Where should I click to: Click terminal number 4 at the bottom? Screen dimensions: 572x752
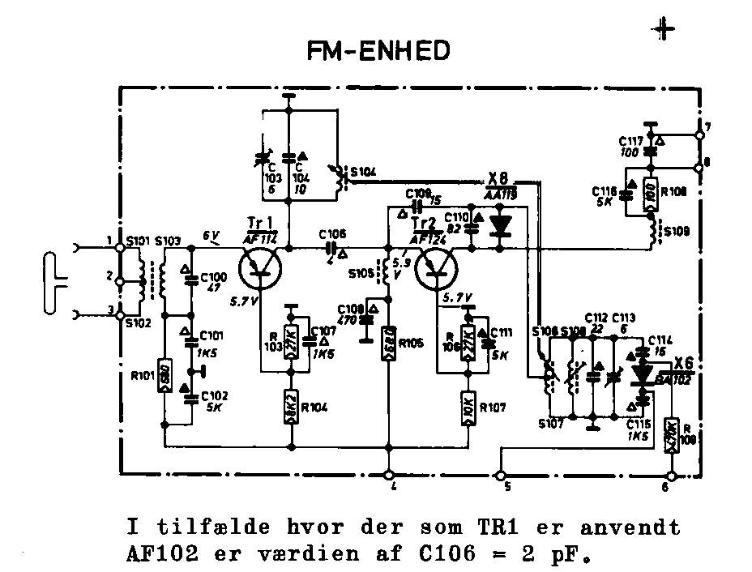click(x=389, y=474)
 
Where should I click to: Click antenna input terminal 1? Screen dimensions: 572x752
click(x=120, y=247)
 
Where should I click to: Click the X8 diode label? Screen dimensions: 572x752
click(x=499, y=179)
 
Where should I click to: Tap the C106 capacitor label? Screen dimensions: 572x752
click(x=333, y=233)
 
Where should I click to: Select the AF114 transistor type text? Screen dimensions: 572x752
click(x=261, y=237)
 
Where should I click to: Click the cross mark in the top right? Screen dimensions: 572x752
click(x=664, y=29)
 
